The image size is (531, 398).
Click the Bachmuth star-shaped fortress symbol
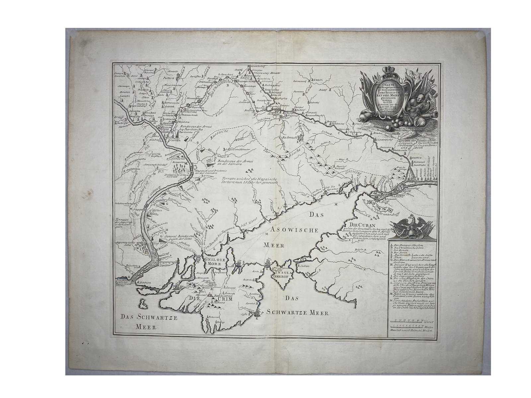pyautogui.click(x=301, y=138)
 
